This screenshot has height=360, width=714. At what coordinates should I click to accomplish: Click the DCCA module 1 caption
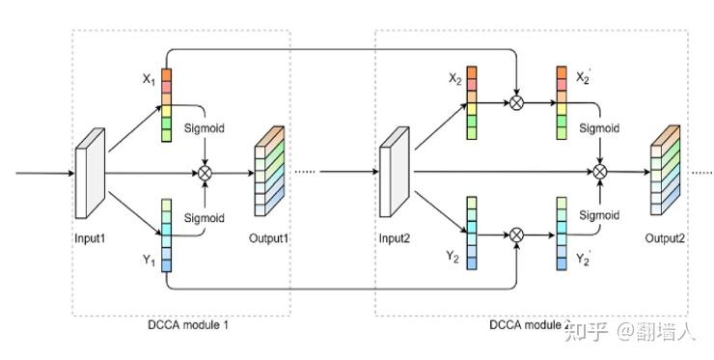[x=181, y=325]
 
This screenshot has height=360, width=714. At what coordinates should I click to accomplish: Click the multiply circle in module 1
[x=205, y=173]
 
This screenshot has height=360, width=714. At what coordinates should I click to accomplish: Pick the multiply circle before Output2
[x=600, y=172]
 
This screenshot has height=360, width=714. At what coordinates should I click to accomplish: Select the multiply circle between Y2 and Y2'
[x=517, y=235]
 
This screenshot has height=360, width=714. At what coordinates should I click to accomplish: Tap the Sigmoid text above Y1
[x=204, y=218]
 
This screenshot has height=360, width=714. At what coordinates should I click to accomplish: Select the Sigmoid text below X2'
[x=599, y=127]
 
